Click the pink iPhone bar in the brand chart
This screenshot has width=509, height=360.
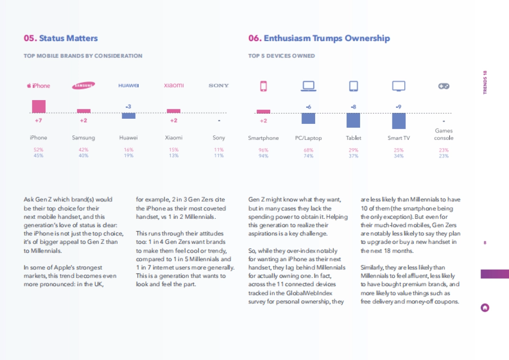coord(39,106)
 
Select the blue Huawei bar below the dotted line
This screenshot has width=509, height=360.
coord(129,116)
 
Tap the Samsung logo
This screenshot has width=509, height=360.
coord(84,86)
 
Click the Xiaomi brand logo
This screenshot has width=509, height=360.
coord(174,86)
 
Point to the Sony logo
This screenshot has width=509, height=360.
coord(219,86)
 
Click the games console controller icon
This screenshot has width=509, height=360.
coord(444,86)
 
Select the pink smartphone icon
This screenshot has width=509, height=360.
coord(263,86)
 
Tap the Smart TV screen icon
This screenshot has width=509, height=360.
coord(399,86)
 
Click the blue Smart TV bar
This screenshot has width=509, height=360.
coord(399,121)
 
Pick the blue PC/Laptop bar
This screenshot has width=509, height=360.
coord(308,118)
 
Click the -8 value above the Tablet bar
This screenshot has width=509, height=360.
coord(353,107)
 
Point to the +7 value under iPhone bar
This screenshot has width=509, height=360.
coord(38,121)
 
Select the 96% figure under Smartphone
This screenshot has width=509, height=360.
coord(263,150)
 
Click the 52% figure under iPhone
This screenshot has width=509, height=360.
coord(38,150)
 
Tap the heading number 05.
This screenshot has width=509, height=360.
coord(30,39)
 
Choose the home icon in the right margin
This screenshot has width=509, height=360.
coord(485,308)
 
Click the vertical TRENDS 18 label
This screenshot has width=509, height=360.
coord(485,82)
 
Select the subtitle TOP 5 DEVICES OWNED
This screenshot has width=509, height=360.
coord(282,56)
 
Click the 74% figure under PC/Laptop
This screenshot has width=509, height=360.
coord(308,156)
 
